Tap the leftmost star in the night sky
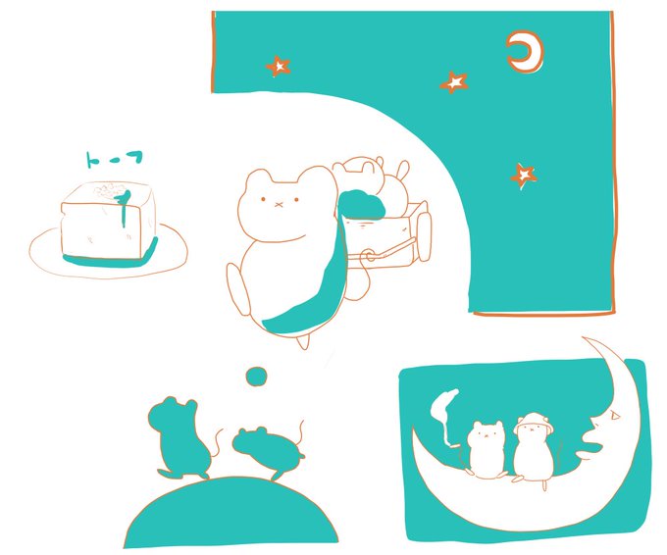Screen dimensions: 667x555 279,67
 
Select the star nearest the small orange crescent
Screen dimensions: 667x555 454,82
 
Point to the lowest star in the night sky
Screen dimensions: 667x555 524,176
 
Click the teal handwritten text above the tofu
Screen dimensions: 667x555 114,159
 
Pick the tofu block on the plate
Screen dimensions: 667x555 108,222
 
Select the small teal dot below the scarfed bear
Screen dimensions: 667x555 257,377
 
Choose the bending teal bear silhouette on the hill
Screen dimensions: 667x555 268,451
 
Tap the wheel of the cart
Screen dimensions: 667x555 425,236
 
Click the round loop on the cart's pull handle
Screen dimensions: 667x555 369,256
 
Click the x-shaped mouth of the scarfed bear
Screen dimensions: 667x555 279,205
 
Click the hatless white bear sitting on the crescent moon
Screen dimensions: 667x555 485,449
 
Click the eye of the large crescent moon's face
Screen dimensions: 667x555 613,415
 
